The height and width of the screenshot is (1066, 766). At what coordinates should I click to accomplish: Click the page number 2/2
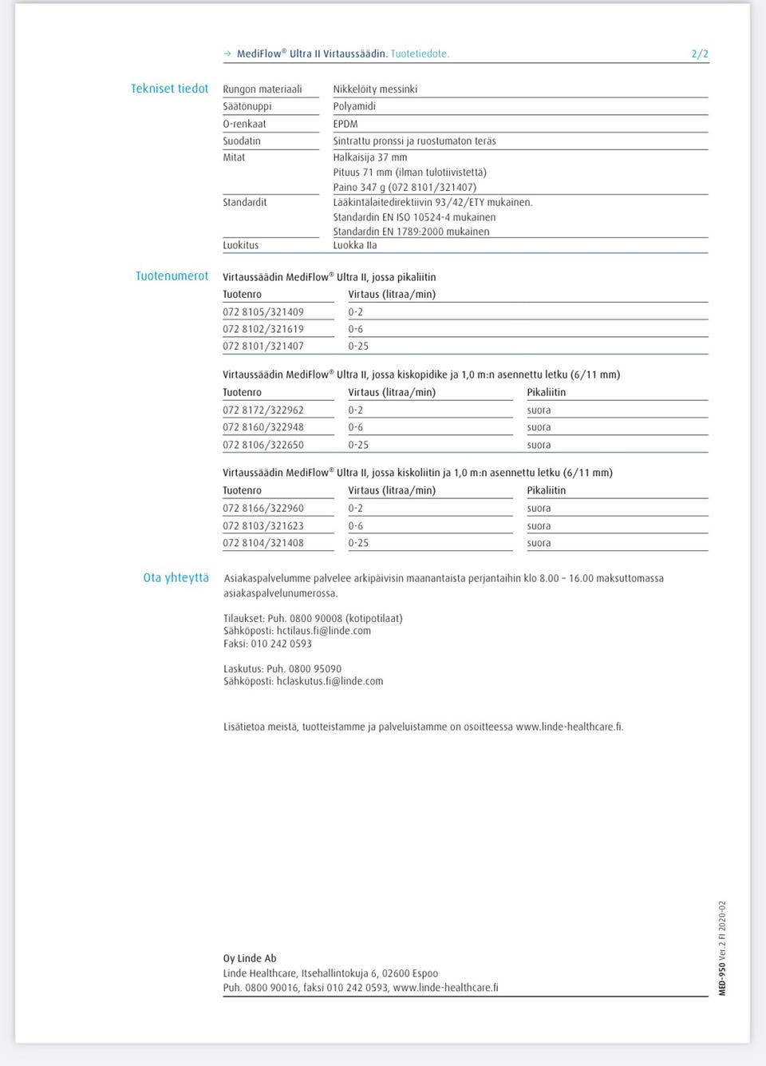tap(699, 53)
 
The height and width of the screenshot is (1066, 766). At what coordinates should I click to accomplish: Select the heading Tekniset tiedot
tap(169, 89)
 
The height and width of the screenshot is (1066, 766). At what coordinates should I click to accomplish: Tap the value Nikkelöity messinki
tap(375, 89)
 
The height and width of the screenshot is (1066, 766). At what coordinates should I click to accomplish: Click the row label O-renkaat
tap(244, 124)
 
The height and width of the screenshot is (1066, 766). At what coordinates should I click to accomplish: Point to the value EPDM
tap(345, 124)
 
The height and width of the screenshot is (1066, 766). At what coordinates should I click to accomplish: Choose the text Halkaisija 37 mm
tap(370, 157)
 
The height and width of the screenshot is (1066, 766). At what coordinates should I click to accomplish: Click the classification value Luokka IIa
tap(355, 245)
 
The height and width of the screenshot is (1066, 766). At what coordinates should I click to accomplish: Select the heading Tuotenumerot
tap(172, 276)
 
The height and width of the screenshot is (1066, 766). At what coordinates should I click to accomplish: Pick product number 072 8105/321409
tap(263, 312)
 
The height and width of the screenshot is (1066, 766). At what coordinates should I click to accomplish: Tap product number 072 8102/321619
tap(263, 329)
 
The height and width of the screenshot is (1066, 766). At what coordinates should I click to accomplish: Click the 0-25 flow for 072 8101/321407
tap(358, 346)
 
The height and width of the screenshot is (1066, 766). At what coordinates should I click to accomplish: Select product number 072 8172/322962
tap(263, 410)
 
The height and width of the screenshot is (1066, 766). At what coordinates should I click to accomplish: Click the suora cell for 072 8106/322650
tap(539, 445)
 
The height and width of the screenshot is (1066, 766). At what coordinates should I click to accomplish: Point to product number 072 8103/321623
tap(263, 526)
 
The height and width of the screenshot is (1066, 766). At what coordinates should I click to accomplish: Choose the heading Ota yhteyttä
tap(176, 577)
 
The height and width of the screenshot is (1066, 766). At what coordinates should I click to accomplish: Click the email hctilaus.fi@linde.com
tap(323, 631)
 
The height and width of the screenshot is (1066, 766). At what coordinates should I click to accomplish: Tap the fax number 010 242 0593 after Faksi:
tap(281, 644)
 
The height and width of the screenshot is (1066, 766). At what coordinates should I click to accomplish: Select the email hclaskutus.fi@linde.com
tap(330, 681)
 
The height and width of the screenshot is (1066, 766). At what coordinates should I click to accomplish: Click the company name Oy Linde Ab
tap(250, 958)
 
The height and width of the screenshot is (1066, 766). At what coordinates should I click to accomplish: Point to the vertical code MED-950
tap(722, 979)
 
